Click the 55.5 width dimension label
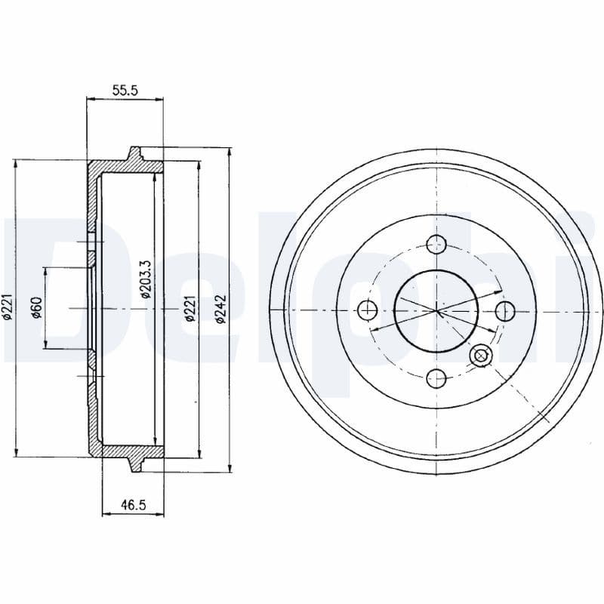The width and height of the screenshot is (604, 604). [125, 90]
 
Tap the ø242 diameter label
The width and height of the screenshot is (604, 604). [220, 309]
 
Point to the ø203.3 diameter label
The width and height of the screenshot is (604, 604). [146, 279]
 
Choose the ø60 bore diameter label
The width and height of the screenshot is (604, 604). [36, 308]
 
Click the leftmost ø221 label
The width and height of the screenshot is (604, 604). [7, 309]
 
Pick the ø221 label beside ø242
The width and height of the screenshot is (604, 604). [190, 309]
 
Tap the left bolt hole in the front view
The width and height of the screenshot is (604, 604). [368, 310]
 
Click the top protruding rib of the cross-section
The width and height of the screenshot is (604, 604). [135, 153]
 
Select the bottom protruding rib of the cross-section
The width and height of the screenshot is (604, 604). [135, 464]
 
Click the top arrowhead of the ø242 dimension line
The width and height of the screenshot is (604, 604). [229, 152]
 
